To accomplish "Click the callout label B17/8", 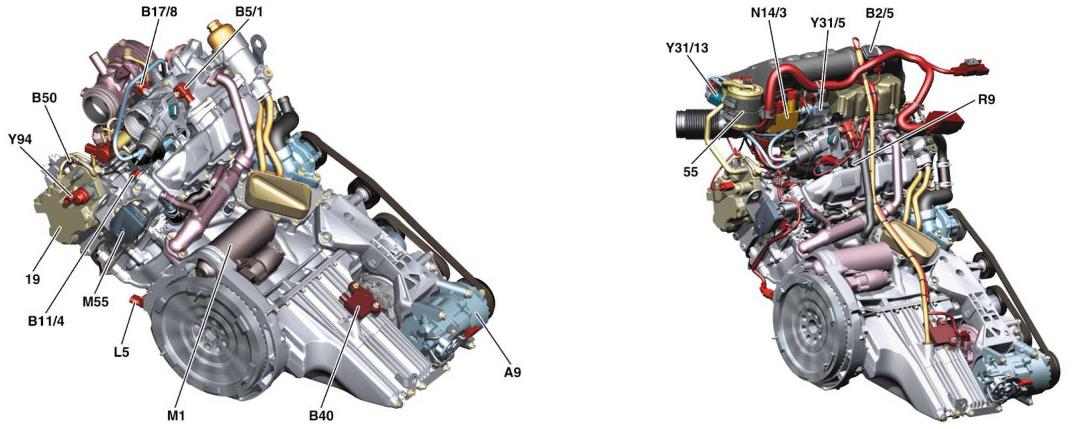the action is [x=159, y=12].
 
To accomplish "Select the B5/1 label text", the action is [x=249, y=12].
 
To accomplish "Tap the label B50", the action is [x=44, y=98].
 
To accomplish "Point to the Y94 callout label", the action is [x=20, y=139].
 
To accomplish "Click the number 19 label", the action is [x=32, y=280].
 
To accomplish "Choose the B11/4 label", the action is [x=46, y=321].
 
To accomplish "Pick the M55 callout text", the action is [x=95, y=301].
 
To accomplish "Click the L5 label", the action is [x=121, y=352].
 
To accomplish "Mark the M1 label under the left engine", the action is [x=176, y=416].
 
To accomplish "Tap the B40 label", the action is [x=321, y=416].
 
